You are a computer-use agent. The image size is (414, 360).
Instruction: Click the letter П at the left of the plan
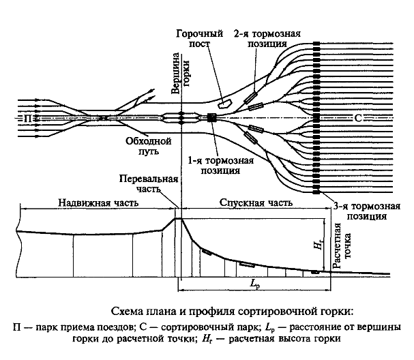(26, 117)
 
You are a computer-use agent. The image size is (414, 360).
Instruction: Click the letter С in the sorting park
(359, 117)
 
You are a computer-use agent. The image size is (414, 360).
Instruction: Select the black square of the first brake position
(211, 117)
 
